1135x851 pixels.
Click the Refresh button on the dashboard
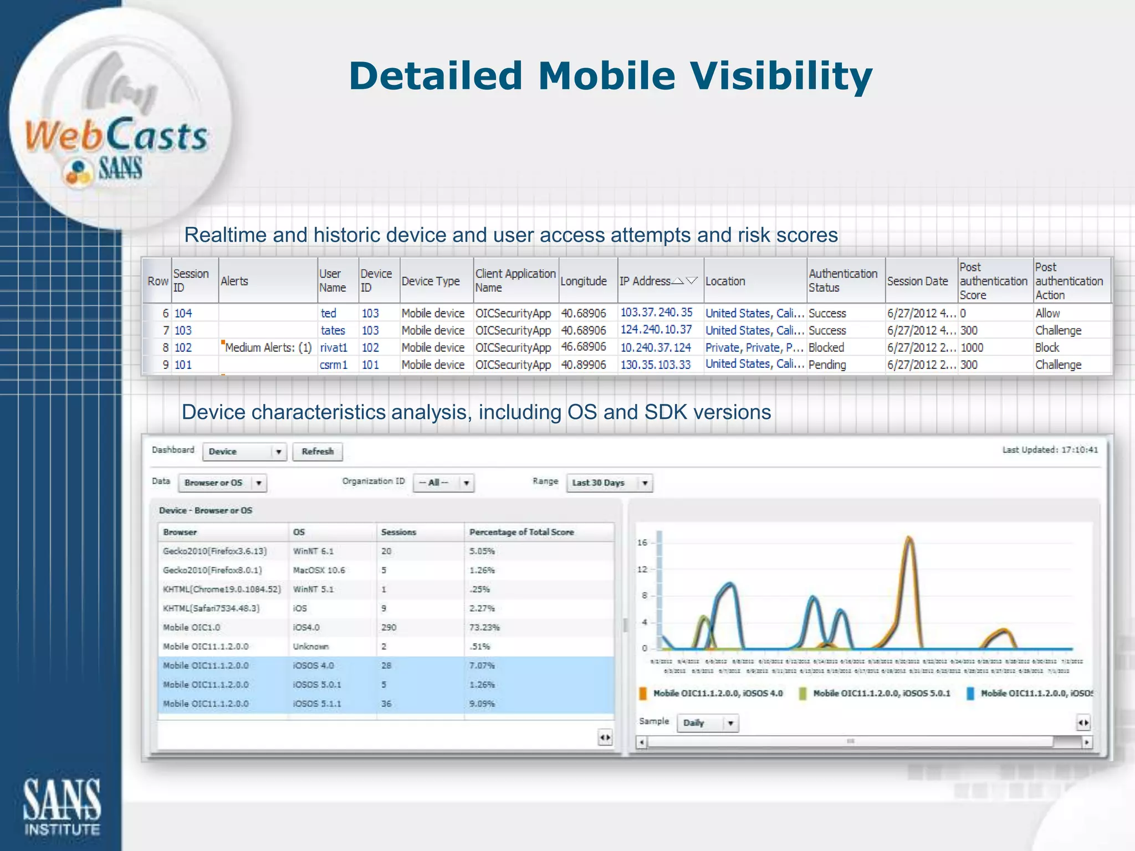(x=318, y=452)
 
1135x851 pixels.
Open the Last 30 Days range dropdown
(x=609, y=483)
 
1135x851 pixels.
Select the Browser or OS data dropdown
(x=222, y=483)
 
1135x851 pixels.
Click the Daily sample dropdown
(x=708, y=723)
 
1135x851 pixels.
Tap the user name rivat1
(x=334, y=348)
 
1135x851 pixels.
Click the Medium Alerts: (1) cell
(x=268, y=348)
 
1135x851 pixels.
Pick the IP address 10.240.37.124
(x=656, y=348)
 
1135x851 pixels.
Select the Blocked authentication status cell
(x=826, y=348)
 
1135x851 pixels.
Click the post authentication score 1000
(x=972, y=348)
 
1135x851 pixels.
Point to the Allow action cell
(x=1047, y=314)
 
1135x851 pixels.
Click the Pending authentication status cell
(x=827, y=365)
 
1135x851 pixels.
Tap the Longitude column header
(x=584, y=281)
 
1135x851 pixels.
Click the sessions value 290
(x=388, y=628)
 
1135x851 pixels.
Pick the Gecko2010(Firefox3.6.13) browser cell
(x=215, y=551)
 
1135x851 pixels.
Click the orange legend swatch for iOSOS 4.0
(x=643, y=694)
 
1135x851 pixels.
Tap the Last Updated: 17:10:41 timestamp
(x=1050, y=450)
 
